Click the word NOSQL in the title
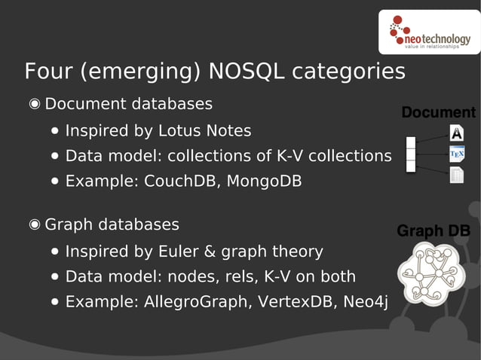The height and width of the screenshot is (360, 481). tap(246, 72)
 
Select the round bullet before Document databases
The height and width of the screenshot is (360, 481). tap(35, 104)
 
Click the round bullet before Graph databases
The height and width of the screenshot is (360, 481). tap(35, 224)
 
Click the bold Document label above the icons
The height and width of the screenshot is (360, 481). tap(438, 113)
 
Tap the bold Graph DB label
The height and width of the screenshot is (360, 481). tap(434, 230)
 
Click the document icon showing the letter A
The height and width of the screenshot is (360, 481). tap(456, 133)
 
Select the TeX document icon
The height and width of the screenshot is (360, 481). tap(456, 154)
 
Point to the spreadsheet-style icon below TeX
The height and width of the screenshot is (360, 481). tap(456, 175)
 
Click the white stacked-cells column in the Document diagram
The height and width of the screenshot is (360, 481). tap(411, 154)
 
